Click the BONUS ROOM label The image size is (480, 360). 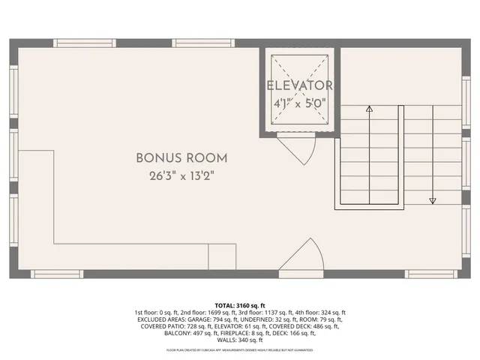[x=181, y=158]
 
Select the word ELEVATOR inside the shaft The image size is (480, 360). [x=299, y=86]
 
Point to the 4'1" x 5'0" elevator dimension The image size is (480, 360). [x=299, y=103]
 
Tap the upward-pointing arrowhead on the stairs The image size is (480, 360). [x=369, y=109]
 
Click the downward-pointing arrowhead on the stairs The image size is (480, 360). [x=433, y=200]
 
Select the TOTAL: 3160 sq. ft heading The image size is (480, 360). [x=240, y=306]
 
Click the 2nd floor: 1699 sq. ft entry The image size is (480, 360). [x=208, y=313]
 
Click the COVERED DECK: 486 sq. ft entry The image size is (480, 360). [x=308, y=326]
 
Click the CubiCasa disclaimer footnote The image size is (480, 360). [x=240, y=349]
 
